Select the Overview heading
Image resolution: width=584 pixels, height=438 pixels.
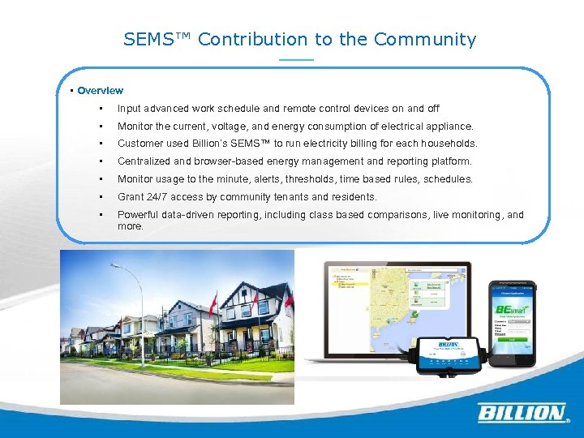point(100,91)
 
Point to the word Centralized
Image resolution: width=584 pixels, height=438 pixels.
point(144,161)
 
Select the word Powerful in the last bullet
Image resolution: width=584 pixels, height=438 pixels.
point(140,215)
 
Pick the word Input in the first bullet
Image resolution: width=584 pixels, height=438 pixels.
point(129,108)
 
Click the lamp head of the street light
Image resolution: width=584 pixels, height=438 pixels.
point(115,266)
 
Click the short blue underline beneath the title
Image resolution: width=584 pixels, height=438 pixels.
point(295,61)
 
